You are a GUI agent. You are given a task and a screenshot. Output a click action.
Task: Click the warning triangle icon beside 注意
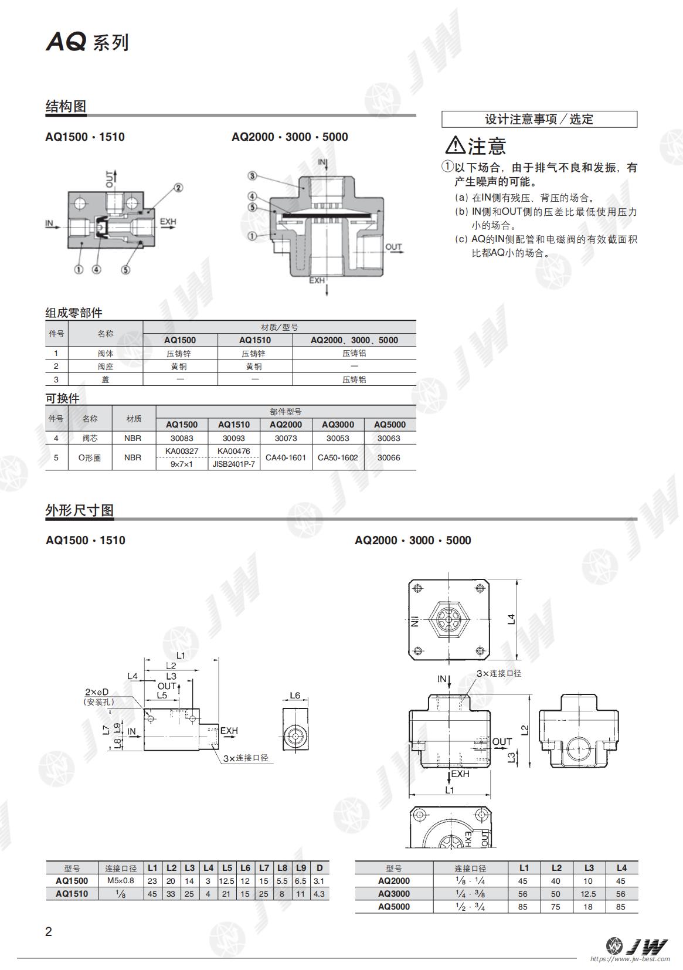tap(455, 145)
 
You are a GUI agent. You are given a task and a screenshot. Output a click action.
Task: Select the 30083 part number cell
tap(182, 438)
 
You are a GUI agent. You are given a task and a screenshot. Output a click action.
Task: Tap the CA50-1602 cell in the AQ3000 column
tap(338, 457)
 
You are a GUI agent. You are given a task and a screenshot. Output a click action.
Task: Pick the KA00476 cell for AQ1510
tap(234, 451)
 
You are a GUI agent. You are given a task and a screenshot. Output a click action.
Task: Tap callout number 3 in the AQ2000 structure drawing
tap(252, 176)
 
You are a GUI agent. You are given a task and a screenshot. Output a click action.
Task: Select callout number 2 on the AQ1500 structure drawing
tap(178, 188)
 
